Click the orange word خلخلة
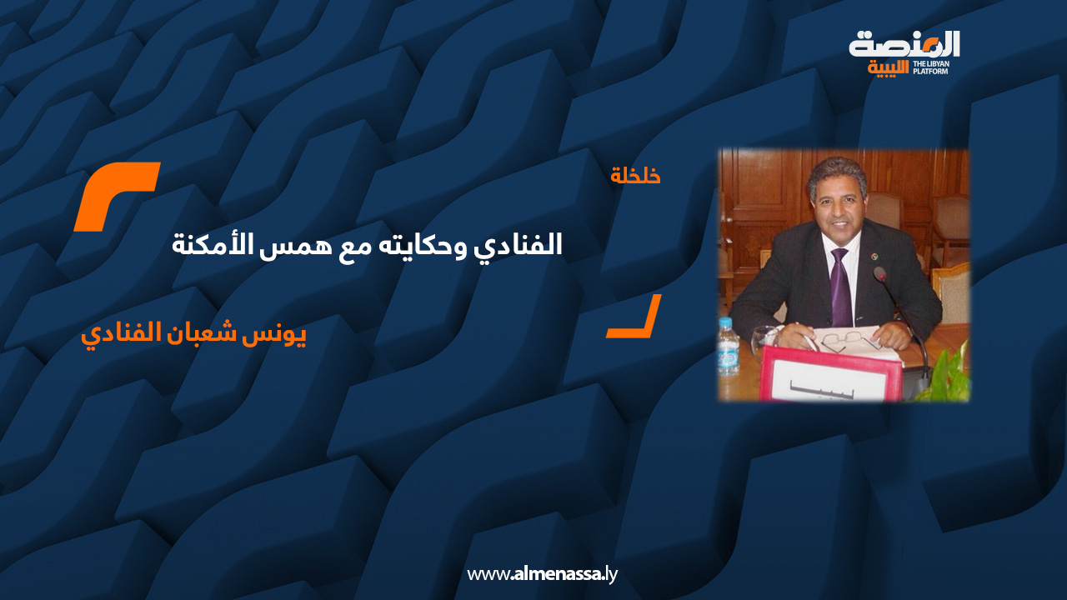point(635,176)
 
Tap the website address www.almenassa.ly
point(542,574)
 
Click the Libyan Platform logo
point(904,52)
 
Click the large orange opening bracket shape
point(116,196)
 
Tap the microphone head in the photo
point(880,274)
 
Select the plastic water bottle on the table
point(729,347)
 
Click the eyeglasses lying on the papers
point(849,338)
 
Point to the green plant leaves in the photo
point(952,377)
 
